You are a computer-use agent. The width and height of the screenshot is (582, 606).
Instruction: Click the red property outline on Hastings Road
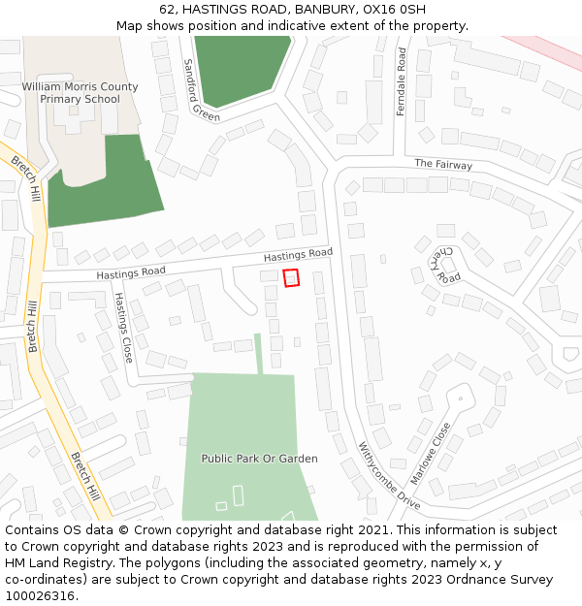coord(291,278)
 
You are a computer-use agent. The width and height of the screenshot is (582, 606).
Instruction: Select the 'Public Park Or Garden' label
coord(259,458)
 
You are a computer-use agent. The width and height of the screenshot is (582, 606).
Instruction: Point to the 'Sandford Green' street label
coord(201,90)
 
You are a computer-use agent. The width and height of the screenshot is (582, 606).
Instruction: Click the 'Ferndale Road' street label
coord(401,82)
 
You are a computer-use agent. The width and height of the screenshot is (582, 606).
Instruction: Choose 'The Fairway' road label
coord(443,164)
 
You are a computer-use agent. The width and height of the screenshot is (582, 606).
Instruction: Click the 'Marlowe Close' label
coord(431,453)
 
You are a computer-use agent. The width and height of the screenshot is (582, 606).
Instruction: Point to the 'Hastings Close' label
coord(124,328)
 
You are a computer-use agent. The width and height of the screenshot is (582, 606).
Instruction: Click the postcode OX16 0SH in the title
coord(396,10)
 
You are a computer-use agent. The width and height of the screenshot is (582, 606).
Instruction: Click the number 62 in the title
coord(167,10)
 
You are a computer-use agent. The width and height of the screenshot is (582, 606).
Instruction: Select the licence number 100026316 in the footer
coord(39,596)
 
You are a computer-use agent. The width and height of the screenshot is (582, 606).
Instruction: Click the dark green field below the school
coord(102,184)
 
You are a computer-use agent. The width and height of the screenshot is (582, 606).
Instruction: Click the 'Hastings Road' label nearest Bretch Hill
coord(131,273)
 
